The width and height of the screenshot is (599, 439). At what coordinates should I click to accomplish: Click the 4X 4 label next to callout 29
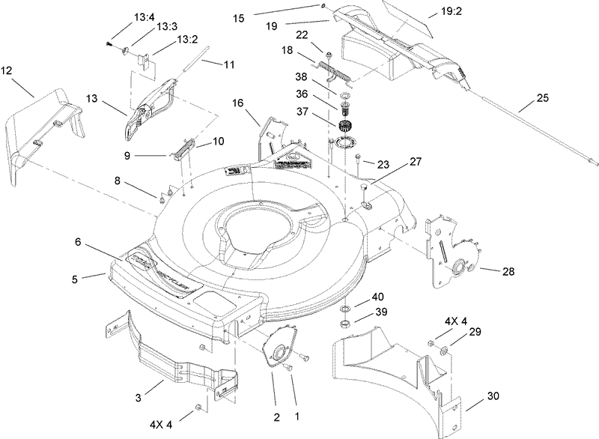click(456, 321)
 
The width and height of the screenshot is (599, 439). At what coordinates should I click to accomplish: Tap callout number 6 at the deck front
click(78, 242)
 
